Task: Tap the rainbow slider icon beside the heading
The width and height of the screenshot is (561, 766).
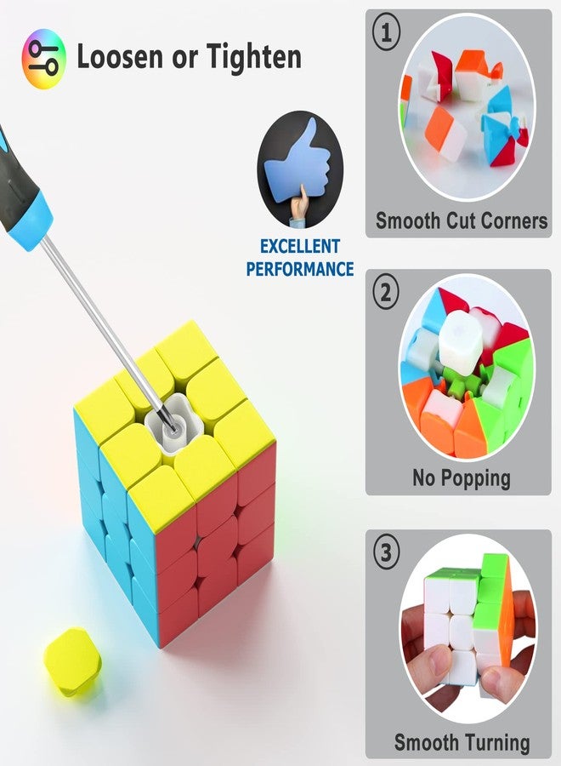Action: pos(43,59)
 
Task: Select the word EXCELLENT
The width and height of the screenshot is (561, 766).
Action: pos(299,246)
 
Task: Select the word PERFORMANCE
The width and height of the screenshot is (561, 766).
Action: pos(299,269)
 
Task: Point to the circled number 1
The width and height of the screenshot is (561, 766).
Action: pos(387,33)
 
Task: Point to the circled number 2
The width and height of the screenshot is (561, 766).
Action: pos(387,293)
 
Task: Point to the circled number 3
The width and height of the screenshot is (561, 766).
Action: pos(387,553)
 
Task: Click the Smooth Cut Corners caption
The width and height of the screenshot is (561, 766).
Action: pos(462,220)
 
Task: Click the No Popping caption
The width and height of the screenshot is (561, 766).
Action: pos(462,477)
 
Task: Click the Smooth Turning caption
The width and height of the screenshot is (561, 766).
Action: pos(462,742)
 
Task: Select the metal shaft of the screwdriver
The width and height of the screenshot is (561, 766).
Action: pos(107,333)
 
